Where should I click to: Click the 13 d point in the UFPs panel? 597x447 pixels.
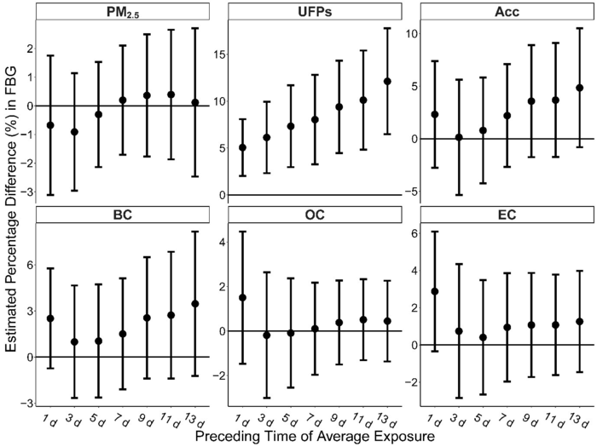point(387,81)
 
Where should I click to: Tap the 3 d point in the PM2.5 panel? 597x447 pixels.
point(75,132)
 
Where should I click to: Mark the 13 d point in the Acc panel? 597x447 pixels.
point(579,88)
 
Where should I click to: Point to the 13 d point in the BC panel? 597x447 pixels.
point(195,303)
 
